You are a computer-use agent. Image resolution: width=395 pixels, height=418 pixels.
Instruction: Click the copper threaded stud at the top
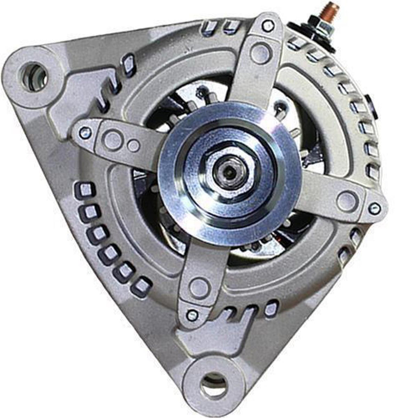point(329,12)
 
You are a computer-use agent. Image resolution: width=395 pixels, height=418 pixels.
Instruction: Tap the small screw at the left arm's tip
point(85,132)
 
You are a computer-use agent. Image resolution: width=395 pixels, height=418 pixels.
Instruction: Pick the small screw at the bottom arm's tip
point(192,315)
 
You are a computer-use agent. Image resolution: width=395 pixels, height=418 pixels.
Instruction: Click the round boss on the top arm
point(261,53)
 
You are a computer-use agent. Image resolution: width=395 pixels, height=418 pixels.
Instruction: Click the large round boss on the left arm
point(113,140)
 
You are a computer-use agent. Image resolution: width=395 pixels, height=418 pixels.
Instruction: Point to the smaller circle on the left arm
point(133,145)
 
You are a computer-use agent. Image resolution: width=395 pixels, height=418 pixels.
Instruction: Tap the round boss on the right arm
point(347,201)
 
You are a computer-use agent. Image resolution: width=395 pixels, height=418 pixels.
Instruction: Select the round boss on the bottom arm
point(200,287)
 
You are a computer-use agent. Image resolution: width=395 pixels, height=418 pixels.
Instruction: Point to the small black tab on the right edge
point(371,107)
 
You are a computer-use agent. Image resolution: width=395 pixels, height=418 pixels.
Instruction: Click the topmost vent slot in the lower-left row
point(85,190)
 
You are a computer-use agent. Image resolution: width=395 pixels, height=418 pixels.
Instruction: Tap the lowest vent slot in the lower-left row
point(141,286)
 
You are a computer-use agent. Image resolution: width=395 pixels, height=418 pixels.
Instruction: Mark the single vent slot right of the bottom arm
point(271,309)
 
